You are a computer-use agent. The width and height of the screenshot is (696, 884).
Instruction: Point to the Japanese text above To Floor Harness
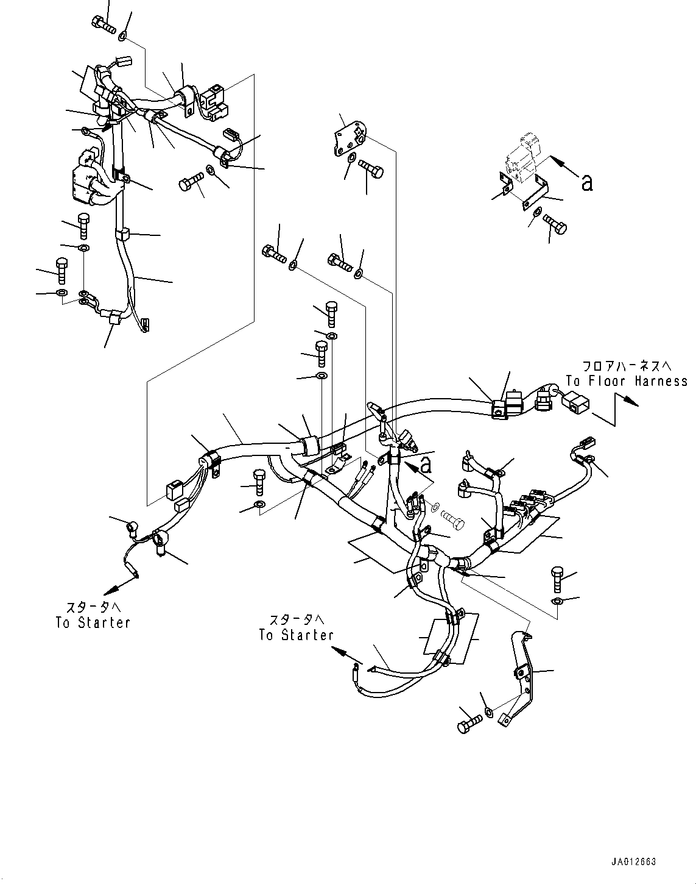point(627,366)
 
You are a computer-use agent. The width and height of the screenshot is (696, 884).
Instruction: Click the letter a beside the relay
point(586,182)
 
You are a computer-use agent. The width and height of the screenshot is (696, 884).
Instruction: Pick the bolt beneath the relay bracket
point(554,224)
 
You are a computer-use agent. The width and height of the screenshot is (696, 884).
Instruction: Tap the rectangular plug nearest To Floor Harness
point(575,402)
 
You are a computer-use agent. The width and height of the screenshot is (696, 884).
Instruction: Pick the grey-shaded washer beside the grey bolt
point(435,507)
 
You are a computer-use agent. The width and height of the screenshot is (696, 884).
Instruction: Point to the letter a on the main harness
point(426,465)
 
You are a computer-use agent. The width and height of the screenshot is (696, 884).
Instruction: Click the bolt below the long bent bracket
point(468,723)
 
